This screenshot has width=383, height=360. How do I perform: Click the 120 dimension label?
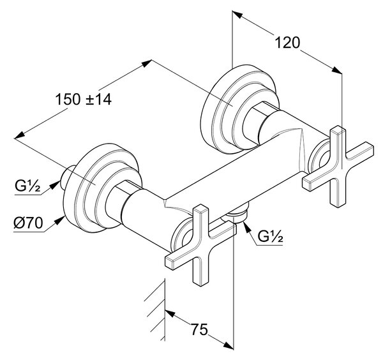287,43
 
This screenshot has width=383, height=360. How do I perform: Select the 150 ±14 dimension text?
84,100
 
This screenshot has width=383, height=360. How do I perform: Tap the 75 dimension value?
199,329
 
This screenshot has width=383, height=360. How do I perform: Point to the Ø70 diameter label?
28,223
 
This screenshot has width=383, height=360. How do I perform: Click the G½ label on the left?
27,186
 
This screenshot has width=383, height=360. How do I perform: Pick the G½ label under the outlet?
271,236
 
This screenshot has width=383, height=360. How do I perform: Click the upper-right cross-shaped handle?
338,166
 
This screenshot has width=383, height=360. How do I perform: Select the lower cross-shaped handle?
201,245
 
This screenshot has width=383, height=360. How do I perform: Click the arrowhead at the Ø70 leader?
59,220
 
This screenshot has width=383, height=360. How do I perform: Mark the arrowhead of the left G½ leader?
56,184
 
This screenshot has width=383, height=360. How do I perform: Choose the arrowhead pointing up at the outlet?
246,226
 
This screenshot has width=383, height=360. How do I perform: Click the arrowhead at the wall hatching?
170,313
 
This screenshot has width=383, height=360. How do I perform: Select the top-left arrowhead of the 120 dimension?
237,14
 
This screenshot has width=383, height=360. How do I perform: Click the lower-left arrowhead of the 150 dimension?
20,135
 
